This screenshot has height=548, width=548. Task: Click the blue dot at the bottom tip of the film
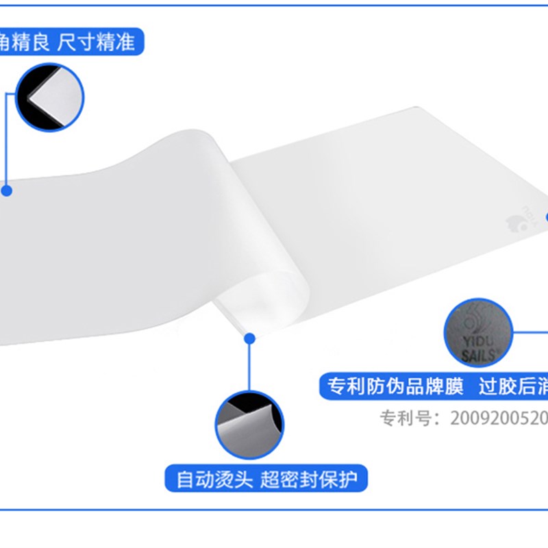pos(249,338)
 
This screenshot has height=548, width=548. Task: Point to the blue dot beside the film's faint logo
pos(546,216)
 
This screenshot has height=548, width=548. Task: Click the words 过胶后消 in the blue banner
pos(514,387)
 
